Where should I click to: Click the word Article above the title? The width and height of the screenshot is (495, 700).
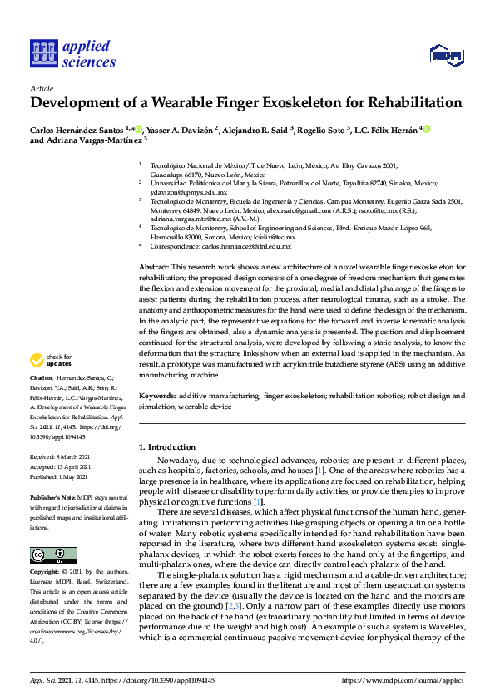(x=41, y=88)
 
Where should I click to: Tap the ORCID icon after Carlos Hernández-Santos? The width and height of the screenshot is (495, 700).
(x=138, y=129)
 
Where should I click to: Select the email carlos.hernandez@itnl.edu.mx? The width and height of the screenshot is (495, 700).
(x=243, y=246)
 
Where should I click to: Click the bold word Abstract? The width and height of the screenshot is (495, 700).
(x=155, y=265)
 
